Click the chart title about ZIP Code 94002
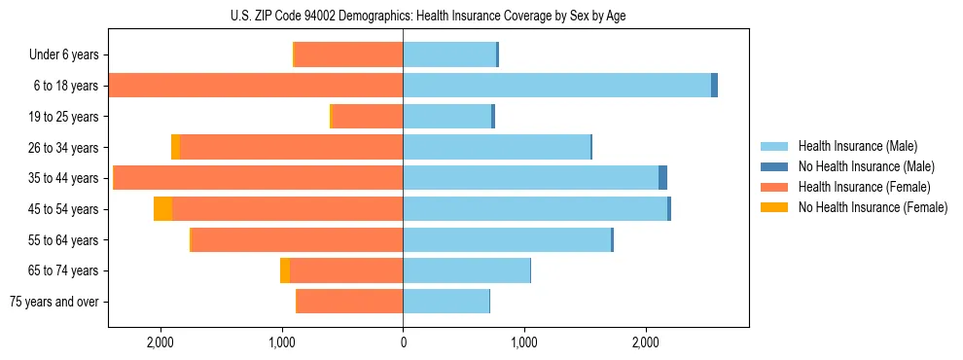pyautogui.click(x=428, y=17)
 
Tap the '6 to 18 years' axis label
pyautogui.click(x=66, y=86)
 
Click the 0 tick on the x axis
pyautogui.click(x=403, y=342)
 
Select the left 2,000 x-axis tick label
pyautogui.click(x=160, y=342)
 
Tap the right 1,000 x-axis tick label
pyautogui.click(x=524, y=342)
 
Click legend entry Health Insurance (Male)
pyautogui.click(x=857, y=146)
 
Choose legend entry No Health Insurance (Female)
pyautogui.click(x=873, y=207)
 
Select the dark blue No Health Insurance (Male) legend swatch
pyautogui.click(x=774, y=166)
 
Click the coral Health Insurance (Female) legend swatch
pyautogui.click(x=774, y=187)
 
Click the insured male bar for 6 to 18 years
pyautogui.click(x=556, y=86)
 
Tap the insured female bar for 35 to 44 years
pyautogui.click(x=259, y=178)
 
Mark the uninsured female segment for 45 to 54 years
pyautogui.click(x=162, y=209)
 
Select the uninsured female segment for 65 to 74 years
pyautogui.click(x=285, y=270)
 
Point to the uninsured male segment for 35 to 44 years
pyautogui.click(x=662, y=178)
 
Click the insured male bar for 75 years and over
pyautogui.click(x=446, y=302)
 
